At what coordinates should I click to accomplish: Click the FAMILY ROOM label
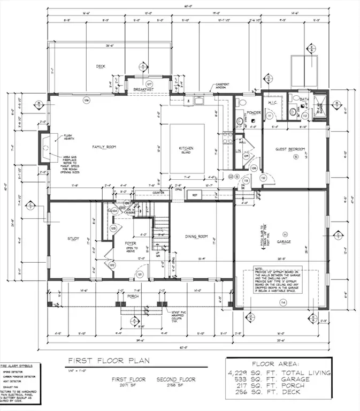(x=104, y=147)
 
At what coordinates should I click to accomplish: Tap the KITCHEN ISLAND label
(x=186, y=150)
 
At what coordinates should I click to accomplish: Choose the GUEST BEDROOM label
(x=290, y=149)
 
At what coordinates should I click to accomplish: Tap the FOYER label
(x=131, y=243)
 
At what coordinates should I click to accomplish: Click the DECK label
(x=101, y=66)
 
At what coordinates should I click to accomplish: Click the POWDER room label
(x=254, y=113)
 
